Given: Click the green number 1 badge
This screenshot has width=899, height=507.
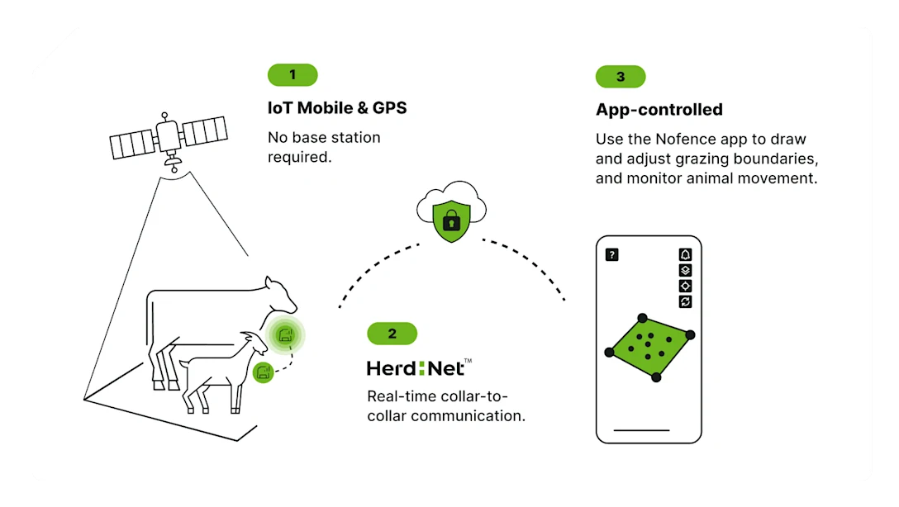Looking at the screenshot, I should click(293, 75).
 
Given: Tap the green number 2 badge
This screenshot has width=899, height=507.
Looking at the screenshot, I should click(392, 334).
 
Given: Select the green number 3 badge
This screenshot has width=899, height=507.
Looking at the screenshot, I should click(621, 77).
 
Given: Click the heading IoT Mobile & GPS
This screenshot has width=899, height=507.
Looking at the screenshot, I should click(337, 108).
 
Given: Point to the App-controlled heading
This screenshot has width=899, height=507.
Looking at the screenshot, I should click(659, 110).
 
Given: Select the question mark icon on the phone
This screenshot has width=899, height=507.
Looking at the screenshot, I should click(612, 254).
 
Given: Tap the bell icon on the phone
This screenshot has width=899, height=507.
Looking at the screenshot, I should click(685, 254).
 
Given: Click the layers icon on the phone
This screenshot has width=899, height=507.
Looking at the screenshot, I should click(685, 270).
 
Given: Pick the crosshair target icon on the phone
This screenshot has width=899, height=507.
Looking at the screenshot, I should click(685, 286).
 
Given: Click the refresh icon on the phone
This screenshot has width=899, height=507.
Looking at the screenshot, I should click(685, 301).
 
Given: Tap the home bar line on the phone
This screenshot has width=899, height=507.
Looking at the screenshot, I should click(642, 430).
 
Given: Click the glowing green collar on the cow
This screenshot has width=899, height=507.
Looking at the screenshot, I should click(286, 334).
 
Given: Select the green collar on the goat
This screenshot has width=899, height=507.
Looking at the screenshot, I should click(264, 372).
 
